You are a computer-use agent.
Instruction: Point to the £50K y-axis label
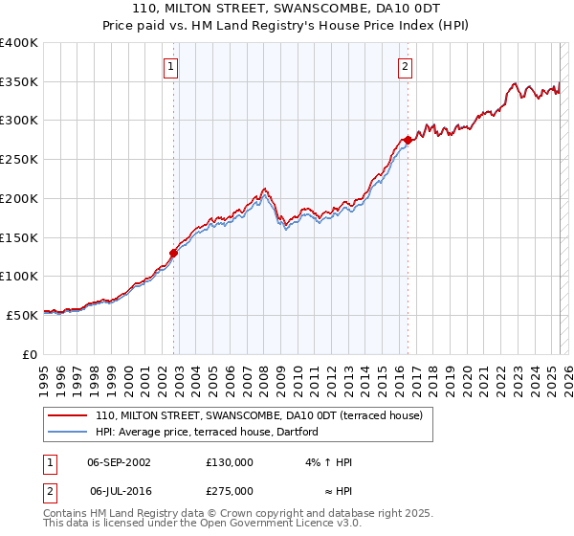(x=23, y=315)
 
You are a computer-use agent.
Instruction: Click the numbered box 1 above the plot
(x=170, y=67)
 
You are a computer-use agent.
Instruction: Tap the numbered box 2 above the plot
(x=406, y=67)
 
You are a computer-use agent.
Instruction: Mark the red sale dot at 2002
(x=174, y=254)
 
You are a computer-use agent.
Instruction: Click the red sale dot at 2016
(x=408, y=140)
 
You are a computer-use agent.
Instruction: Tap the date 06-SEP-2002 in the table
(x=119, y=462)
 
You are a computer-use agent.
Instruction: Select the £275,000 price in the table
(x=230, y=490)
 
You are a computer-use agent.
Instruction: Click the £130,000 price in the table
(x=230, y=462)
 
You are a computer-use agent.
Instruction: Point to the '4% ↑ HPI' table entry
(x=326, y=462)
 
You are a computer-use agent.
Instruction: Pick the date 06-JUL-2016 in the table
(x=119, y=490)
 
